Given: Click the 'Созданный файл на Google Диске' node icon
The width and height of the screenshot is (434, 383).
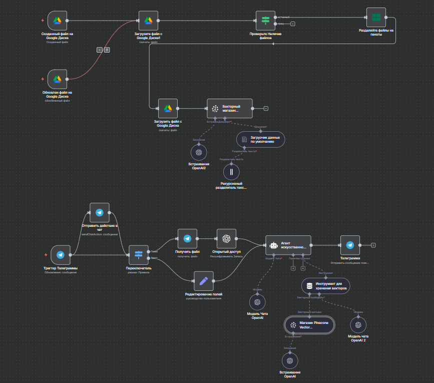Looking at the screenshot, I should (57, 21).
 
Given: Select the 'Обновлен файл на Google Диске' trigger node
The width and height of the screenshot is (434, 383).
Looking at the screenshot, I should (57, 79).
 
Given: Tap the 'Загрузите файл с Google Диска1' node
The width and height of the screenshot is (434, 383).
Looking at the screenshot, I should (148, 21).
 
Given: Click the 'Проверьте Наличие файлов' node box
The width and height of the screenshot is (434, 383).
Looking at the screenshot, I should (265, 21).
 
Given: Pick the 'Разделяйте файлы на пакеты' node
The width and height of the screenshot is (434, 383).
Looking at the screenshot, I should (376, 18).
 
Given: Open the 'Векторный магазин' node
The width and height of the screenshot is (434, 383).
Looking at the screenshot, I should (230, 108).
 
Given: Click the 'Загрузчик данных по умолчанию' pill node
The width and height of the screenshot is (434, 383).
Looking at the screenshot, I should (260, 139).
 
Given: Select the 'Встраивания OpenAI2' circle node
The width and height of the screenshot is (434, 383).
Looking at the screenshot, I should (198, 152).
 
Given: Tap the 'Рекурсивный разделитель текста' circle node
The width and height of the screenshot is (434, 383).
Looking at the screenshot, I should (231, 172).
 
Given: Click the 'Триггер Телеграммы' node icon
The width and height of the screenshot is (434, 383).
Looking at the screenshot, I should (60, 255).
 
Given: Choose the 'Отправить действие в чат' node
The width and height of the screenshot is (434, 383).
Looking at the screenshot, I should (99, 213).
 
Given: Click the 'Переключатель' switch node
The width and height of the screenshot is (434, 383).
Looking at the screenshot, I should (139, 255).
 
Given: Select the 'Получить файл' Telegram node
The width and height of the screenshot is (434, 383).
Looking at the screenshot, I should (187, 239).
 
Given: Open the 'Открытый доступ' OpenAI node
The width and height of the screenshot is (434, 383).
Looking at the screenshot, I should (226, 239).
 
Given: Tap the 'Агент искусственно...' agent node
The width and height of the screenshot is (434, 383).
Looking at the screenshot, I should (288, 245).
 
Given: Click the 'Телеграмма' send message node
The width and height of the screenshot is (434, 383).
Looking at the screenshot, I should (350, 245).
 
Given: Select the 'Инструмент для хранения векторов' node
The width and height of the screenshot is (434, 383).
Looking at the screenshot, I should (325, 286).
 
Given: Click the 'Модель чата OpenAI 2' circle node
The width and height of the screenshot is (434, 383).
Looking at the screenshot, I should (358, 325).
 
